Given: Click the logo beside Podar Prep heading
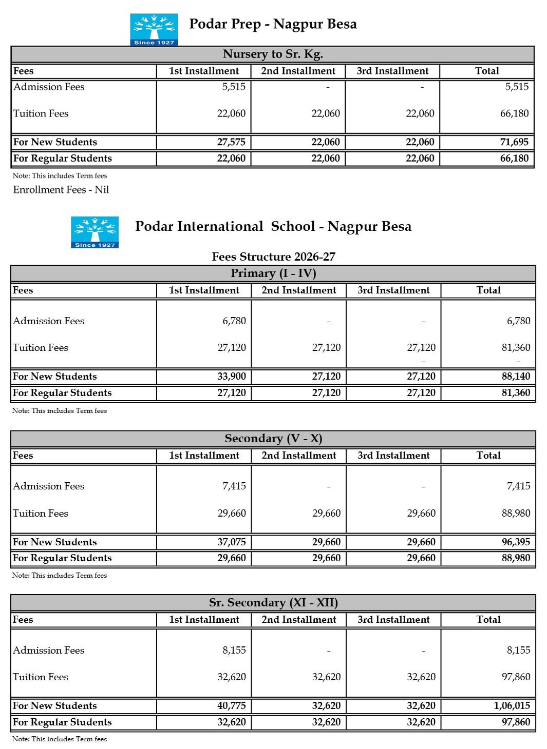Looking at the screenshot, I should [154, 29].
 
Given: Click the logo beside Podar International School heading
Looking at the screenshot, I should [95, 232].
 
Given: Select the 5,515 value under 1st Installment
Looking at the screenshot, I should [234, 87].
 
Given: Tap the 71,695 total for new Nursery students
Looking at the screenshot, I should [514, 142].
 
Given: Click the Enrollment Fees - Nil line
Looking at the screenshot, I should [61, 190].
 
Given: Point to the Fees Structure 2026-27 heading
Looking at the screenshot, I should [273, 257].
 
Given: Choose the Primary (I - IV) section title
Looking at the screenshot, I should [273, 273].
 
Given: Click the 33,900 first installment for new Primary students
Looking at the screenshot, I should [231, 377].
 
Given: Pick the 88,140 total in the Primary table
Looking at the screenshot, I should [516, 377].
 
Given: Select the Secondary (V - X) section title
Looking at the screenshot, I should [273, 439].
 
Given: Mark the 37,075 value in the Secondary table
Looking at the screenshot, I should [231, 542].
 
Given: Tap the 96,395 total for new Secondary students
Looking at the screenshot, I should [516, 542].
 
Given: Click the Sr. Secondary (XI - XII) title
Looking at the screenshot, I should [273, 603].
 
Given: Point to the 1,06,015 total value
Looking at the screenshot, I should [512, 706].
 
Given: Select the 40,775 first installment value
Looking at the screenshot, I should [231, 706].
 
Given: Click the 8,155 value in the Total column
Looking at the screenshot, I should [518, 651].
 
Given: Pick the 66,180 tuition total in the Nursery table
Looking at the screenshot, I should [514, 113].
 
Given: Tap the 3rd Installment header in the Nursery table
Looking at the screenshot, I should [392, 71].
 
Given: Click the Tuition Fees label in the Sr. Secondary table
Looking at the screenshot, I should [41, 677].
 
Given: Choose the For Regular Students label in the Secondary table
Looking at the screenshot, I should [62, 558].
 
